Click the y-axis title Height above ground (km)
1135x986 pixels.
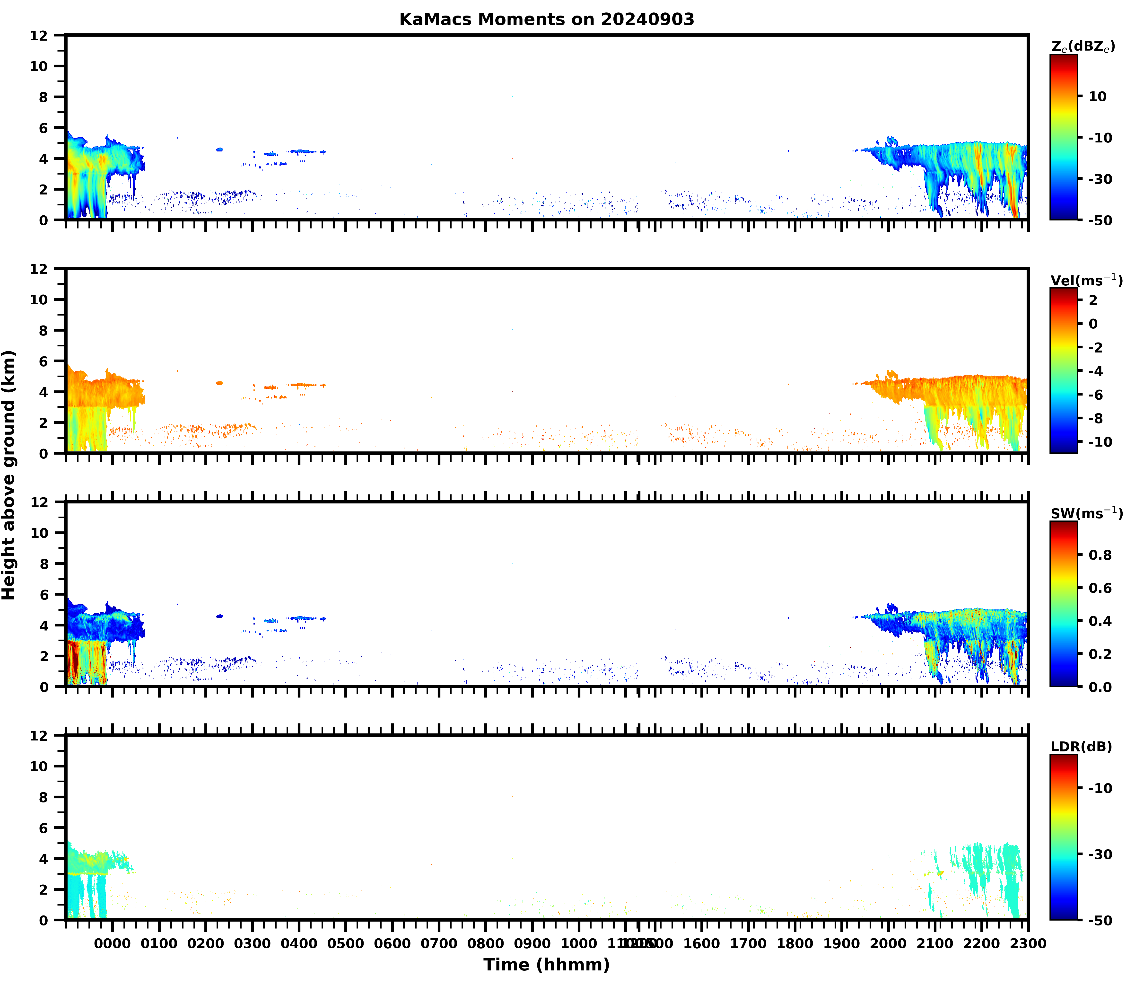point(9,475)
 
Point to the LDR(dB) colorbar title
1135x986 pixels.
point(1081,747)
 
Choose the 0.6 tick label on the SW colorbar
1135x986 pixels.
point(1100,588)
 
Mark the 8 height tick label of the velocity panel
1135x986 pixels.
point(44,330)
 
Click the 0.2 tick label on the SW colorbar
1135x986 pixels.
point(1100,654)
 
